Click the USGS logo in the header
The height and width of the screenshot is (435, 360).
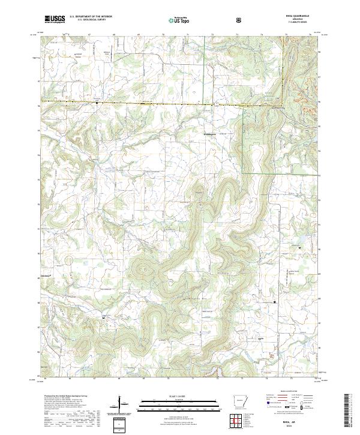tap(55, 20)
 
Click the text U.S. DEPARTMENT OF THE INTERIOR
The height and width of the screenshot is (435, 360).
tap(91, 17)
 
